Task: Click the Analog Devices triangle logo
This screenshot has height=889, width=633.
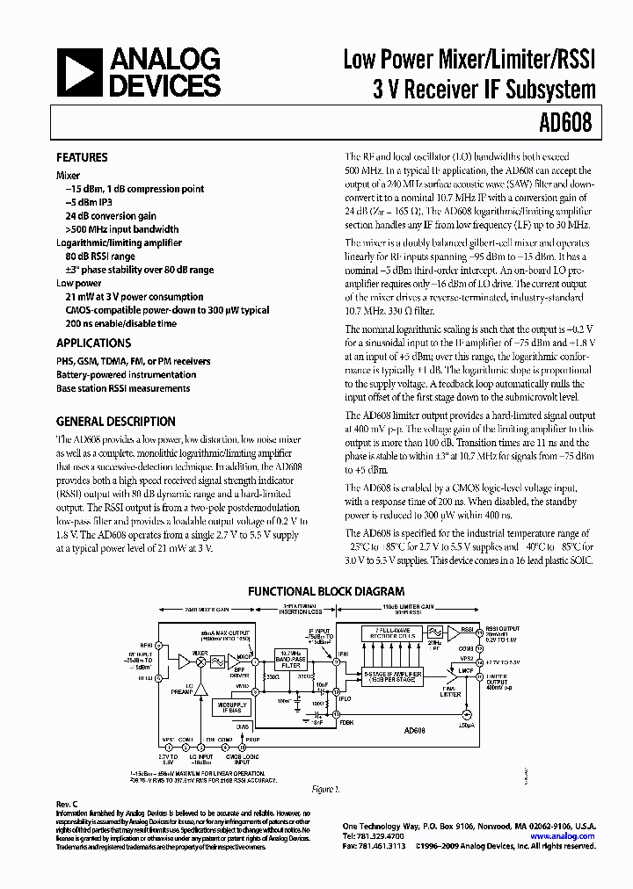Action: pyautogui.click(x=81, y=73)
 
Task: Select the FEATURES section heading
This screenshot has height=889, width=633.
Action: pyautogui.click(x=82, y=158)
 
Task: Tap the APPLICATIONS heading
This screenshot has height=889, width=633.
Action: pyautogui.click(x=93, y=343)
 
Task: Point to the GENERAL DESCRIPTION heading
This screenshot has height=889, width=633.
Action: pyautogui.click(x=115, y=421)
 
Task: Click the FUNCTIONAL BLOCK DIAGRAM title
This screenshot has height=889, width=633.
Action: pyautogui.click(x=325, y=592)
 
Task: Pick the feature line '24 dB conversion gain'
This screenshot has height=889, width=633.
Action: pyautogui.click(x=111, y=216)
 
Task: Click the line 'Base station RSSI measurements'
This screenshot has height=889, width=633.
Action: pyautogui.click(x=122, y=388)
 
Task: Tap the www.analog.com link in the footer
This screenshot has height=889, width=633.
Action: pyautogui.click(x=563, y=836)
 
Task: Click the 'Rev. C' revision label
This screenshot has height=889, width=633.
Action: pyautogui.click(x=68, y=805)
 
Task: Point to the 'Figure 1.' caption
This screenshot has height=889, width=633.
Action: pyautogui.click(x=324, y=790)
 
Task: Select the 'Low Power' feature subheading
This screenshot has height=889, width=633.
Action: pyautogui.click(x=79, y=284)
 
